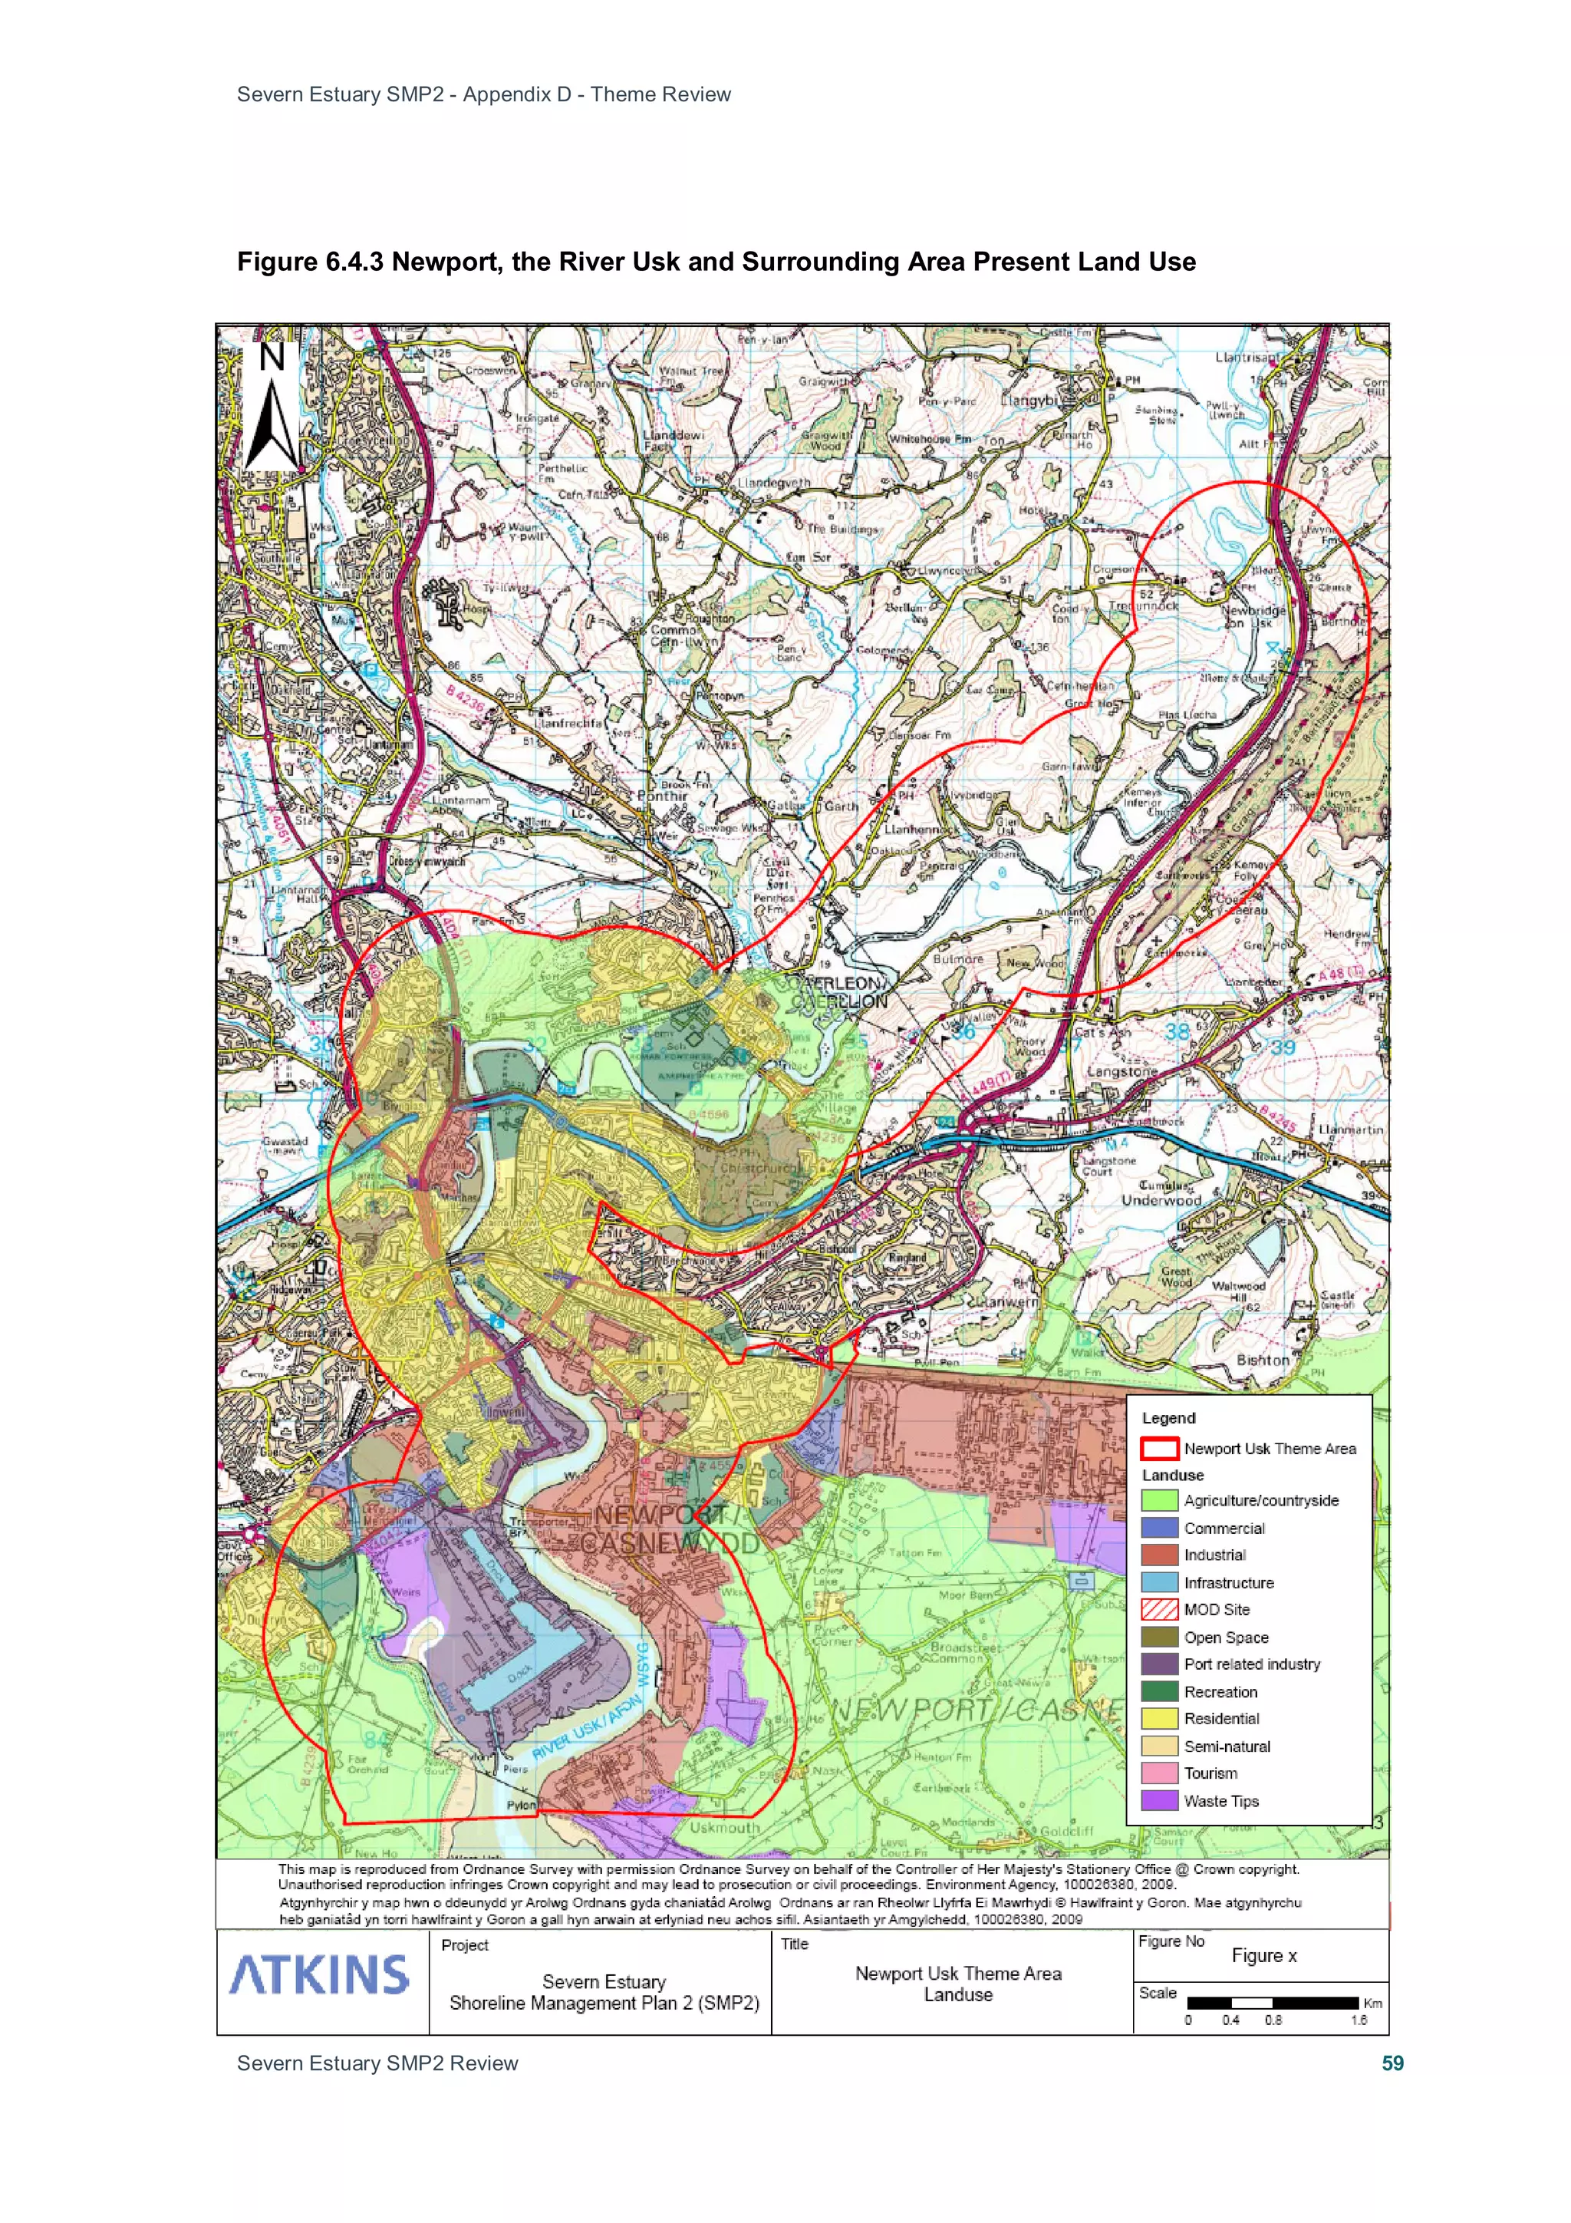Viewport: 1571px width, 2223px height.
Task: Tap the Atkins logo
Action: click(x=318, y=1975)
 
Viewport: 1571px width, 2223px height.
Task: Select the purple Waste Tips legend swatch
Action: click(x=1158, y=1801)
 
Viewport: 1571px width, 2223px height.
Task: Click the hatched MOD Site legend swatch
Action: click(x=1158, y=1609)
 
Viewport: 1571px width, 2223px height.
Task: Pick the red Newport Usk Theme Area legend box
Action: click(x=1158, y=1449)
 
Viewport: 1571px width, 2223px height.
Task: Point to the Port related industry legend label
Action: click(x=1252, y=1664)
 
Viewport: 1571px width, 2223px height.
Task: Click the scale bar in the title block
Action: click(x=1272, y=2002)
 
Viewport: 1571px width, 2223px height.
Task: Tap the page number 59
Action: click(x=1392, y=2063)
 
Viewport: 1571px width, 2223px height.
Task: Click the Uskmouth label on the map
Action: click(x=724, y=1828)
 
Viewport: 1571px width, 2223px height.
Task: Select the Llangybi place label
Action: click(x=1031, y=400)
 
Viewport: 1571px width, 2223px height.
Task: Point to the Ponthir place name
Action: click(x=662, y=796)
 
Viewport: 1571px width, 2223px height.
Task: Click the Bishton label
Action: click(x=1262, y=1360)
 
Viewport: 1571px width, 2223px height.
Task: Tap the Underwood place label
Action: click(x=1161, y=1201)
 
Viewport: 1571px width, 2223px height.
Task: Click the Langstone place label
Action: click(x=1121, y=1072)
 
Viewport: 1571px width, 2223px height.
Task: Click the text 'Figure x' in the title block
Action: click(x=1263, y=1956)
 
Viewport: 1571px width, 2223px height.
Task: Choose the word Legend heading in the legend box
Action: click(x=1168, y=1417)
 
